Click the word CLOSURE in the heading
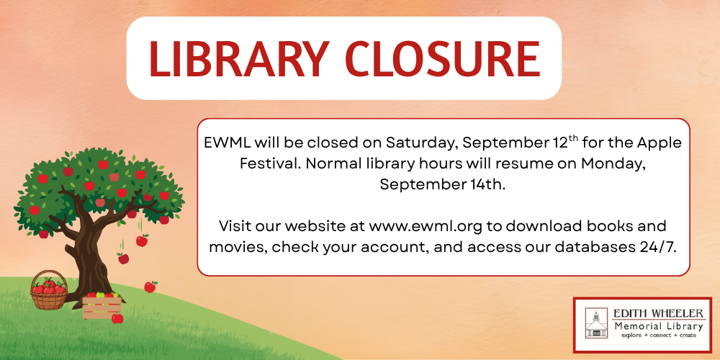click(443, 59)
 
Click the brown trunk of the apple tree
click(92, 257)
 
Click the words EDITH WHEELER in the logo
click(658, 314)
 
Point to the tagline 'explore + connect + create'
click(659, 336)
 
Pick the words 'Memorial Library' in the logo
click(659, 326)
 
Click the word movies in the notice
click(237, 247)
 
